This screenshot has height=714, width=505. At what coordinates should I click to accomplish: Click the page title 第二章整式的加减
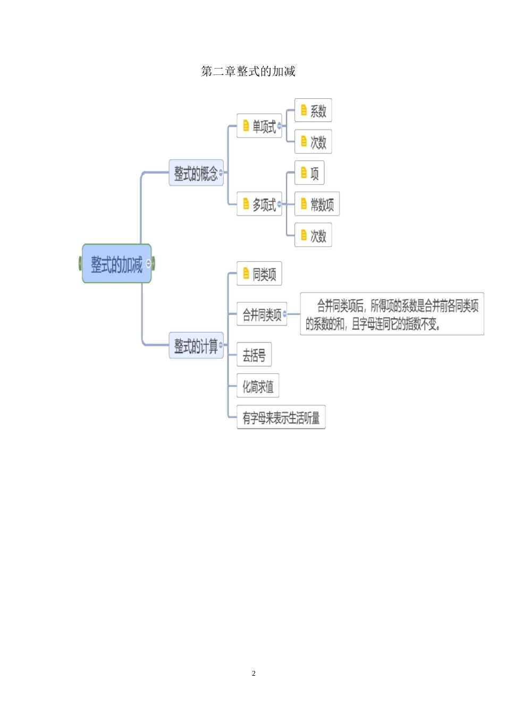[248, 71]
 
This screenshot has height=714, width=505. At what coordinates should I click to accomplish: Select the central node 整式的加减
[116, 263]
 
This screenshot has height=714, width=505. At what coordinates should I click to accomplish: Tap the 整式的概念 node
[196, 173]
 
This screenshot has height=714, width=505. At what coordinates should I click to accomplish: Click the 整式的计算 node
[196, 346]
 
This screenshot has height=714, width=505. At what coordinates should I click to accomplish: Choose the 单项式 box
[259, 126]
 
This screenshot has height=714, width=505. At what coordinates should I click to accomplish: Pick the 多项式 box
[259, 204]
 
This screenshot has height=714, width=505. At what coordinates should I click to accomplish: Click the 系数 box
[313, 110]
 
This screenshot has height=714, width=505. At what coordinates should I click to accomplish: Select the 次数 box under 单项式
[313, 142]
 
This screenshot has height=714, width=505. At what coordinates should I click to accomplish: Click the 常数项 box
[317, 204]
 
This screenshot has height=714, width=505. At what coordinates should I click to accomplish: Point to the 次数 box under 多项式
[313, 235]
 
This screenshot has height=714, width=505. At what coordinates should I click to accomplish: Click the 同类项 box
[259, 274]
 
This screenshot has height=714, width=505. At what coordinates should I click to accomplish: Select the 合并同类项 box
[262, 314]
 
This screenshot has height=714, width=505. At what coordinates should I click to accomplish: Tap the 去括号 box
[254, 355]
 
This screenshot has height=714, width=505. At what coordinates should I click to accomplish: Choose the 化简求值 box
[258, 386]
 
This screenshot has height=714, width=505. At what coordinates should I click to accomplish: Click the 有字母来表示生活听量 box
[281, 418]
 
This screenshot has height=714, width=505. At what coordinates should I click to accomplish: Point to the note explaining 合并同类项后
[392, 314]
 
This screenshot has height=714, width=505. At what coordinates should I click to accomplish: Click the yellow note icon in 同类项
[246, 274]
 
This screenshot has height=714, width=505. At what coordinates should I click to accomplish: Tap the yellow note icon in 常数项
[304, 204]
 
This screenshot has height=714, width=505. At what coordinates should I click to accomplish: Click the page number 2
[254, 673]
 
